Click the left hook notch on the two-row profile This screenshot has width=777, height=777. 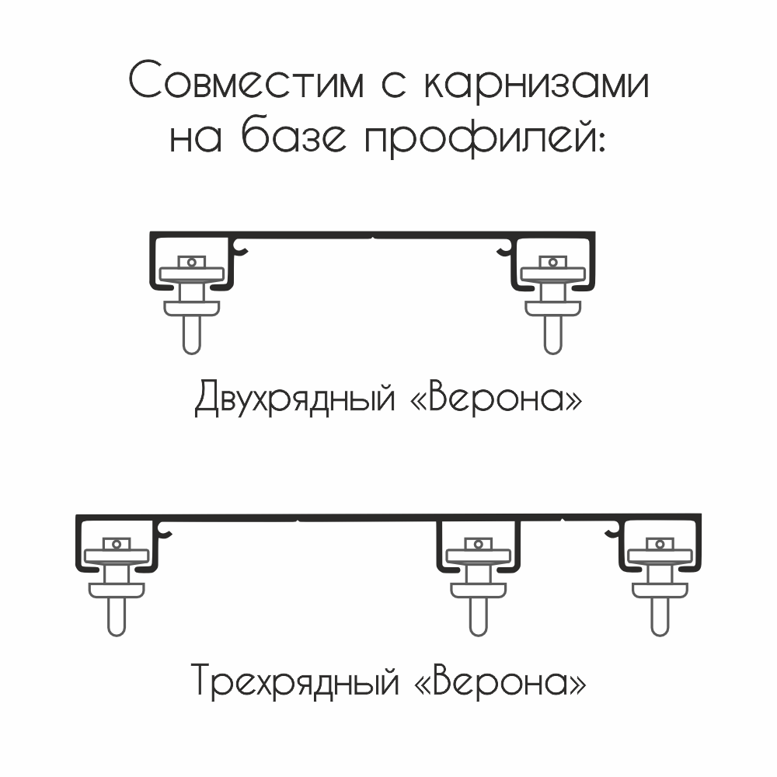pos(242,249)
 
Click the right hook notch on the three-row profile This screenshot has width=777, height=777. pos(612,531)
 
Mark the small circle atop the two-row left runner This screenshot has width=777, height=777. pos(191,262)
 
